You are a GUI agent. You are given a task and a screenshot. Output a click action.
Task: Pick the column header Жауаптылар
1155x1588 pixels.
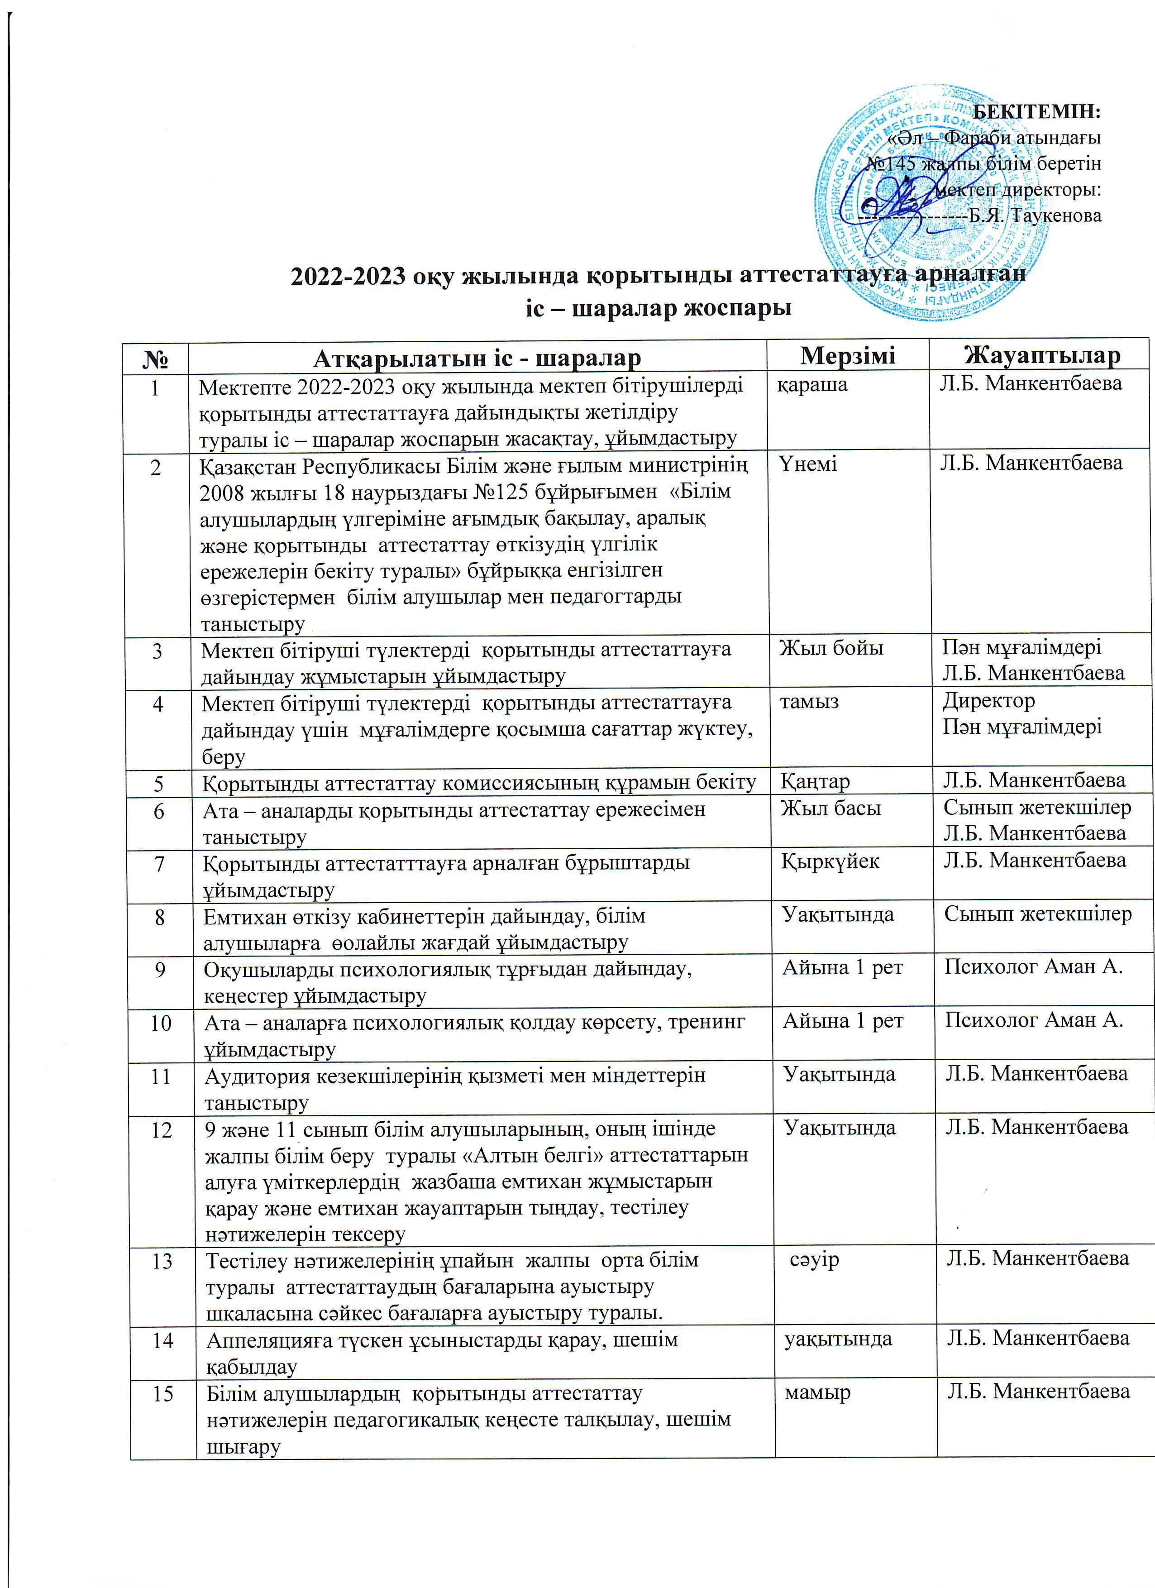tap(1041, 356)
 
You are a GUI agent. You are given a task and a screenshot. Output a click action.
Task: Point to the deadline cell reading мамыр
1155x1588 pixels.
tap(817, 1393)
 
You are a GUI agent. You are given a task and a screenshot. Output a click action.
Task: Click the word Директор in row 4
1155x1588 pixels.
tap(988, 700)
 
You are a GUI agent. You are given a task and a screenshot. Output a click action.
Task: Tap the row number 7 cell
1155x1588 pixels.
tap(160, 863)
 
